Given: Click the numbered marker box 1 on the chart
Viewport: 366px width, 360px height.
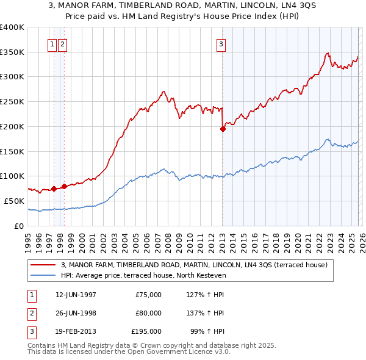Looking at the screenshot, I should [x=52, y=43].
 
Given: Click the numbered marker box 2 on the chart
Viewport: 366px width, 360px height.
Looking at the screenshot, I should [x=63, y=43].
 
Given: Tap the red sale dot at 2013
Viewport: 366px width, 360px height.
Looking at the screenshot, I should [x=223, y=129].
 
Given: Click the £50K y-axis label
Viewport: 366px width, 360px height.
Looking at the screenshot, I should [x=14, y=201].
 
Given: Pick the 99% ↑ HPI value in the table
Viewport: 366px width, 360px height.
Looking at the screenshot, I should [x=208, y=331].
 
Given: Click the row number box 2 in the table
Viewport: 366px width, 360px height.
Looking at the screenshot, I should [x=30, y=313].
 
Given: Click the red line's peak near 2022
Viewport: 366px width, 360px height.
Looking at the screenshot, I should [x=328, y=53].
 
